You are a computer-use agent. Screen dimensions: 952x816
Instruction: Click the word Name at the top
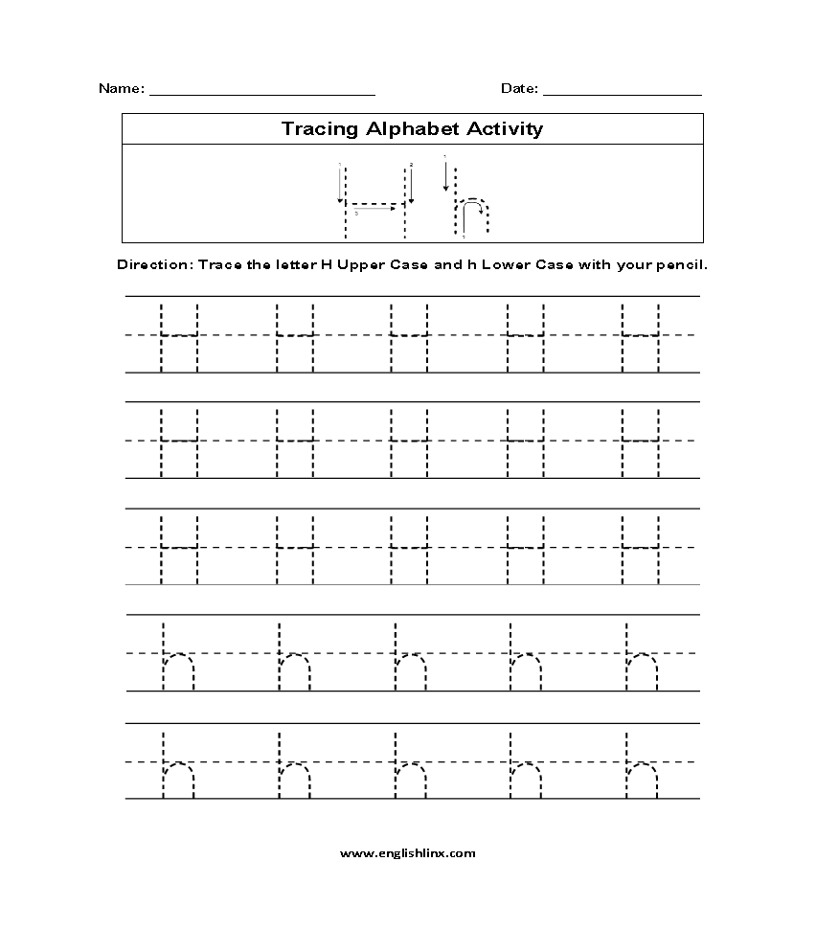[x=121, y=88]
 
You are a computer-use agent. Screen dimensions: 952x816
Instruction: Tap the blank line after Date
[x=623, y=93]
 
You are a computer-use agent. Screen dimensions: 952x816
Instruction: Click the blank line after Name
[x=261, y=93]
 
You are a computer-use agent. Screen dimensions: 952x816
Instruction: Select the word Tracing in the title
[x=320, y=128]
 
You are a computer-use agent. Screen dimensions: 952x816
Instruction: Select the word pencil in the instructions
[x=680, y=265]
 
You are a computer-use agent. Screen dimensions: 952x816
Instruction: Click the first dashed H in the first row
[x=179, y=336]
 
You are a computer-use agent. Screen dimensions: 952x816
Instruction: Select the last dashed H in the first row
[x=641, y=336]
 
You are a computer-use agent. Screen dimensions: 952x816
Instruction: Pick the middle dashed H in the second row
[x=410, y=442]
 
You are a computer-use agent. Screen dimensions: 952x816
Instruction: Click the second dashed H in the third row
[x=295, y=548]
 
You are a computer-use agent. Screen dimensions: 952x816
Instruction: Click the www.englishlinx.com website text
[x=408, y=851]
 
